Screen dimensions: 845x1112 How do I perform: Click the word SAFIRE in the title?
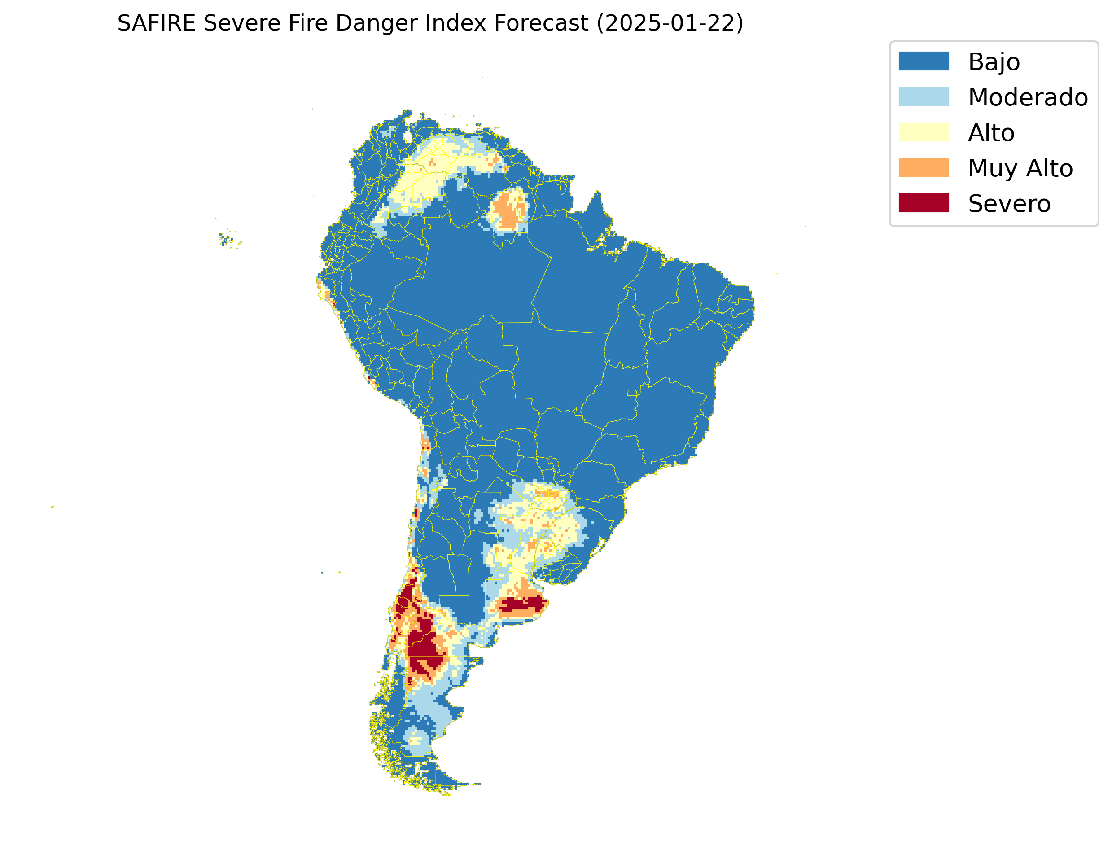(157, 23)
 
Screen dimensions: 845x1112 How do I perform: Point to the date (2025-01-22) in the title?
(670, 23)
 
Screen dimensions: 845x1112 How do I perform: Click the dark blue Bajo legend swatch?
(924, 61)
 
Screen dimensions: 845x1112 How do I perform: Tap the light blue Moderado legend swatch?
(924, 96)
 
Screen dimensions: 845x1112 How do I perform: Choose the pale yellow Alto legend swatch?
(924, 132)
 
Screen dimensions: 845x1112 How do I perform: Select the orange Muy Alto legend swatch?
(924, 167)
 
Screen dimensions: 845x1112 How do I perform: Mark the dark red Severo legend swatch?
(924, 203)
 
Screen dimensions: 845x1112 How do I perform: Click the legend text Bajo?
(994, 62)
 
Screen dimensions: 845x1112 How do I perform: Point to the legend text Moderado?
(1028, 97)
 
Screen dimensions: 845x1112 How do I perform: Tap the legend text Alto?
(991, 133)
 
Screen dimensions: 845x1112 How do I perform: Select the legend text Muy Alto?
(1020, 168)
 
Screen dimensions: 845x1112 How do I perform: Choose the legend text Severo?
(1009, 204)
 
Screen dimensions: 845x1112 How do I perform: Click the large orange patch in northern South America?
(509, 211)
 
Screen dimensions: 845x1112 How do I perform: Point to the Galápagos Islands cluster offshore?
(228, 240)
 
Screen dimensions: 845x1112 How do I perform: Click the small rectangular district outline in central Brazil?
(632, 393)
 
